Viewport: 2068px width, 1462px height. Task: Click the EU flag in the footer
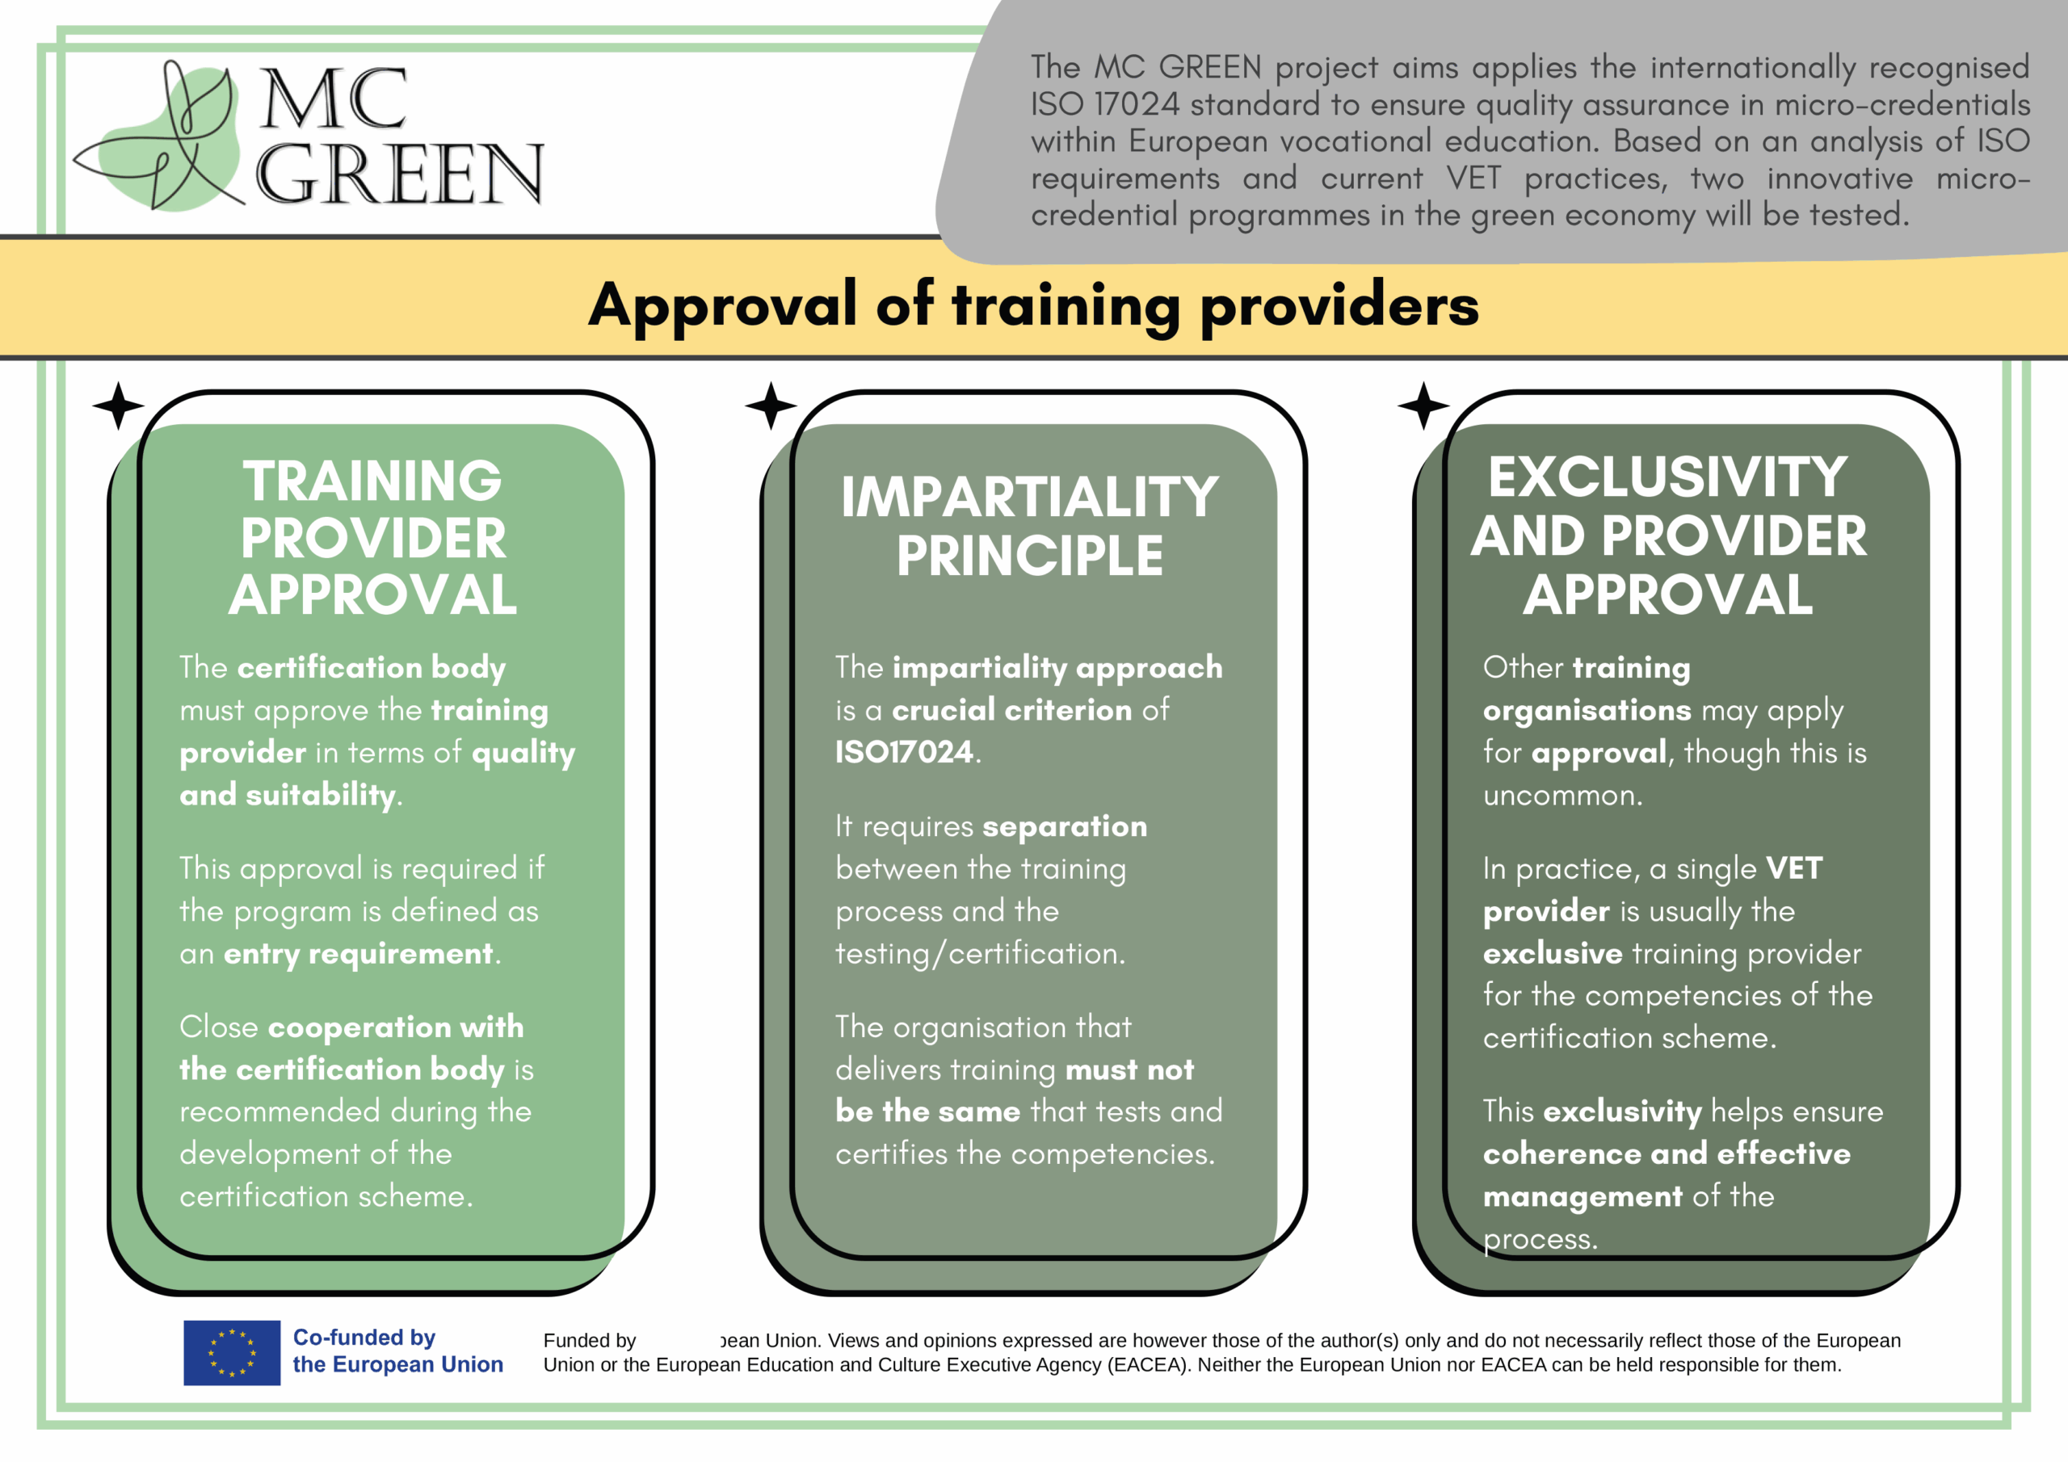pyautogui.click(x=232, y=1352)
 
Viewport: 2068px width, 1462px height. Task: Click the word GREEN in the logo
pyautogui.click(x=400, y=173)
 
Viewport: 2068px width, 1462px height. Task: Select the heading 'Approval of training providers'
pyautogui.click(x=1033, y=305)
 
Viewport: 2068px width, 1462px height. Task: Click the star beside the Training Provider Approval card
pyautogui.click(x=118, y=405)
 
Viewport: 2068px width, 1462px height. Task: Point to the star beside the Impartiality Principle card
pyautogui.click(x=771, y=405)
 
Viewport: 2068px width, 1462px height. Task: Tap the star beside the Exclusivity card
pyautogui.click(x=1423, y=405)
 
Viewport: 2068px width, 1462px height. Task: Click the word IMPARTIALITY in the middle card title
pyautogui.click(x=1029, y=498)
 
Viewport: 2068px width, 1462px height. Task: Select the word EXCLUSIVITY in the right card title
pyautogui.click(x=1667, y=477)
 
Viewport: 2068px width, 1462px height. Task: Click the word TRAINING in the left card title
pyautogui.click(x=372, y=481)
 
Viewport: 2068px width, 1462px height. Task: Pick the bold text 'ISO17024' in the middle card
pyautogui.click(x=904, y=751)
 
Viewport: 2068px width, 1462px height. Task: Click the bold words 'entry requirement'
pyautogui.click(x=359, y=954)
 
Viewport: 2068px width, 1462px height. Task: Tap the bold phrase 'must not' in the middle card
pyautogui.click(x=1129, y=1069)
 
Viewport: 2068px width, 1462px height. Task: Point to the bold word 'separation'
pyautogui.click(x=1065, y=827)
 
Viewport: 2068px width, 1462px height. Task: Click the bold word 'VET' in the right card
pyautogui.click(x=1794, y=868)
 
